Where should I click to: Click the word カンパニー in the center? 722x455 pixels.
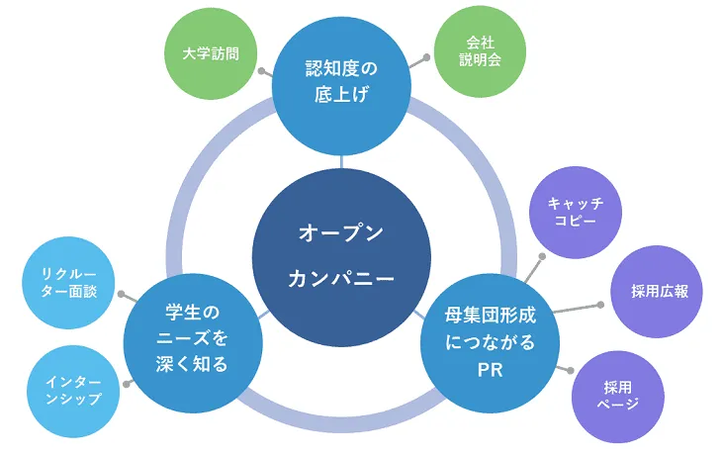(x=341, y=279)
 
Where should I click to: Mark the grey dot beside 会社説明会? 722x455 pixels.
(x=428, y=58)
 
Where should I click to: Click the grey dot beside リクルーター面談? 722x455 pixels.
(x=121, y=294)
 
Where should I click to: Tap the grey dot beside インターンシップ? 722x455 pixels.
(x=126, y=383)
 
